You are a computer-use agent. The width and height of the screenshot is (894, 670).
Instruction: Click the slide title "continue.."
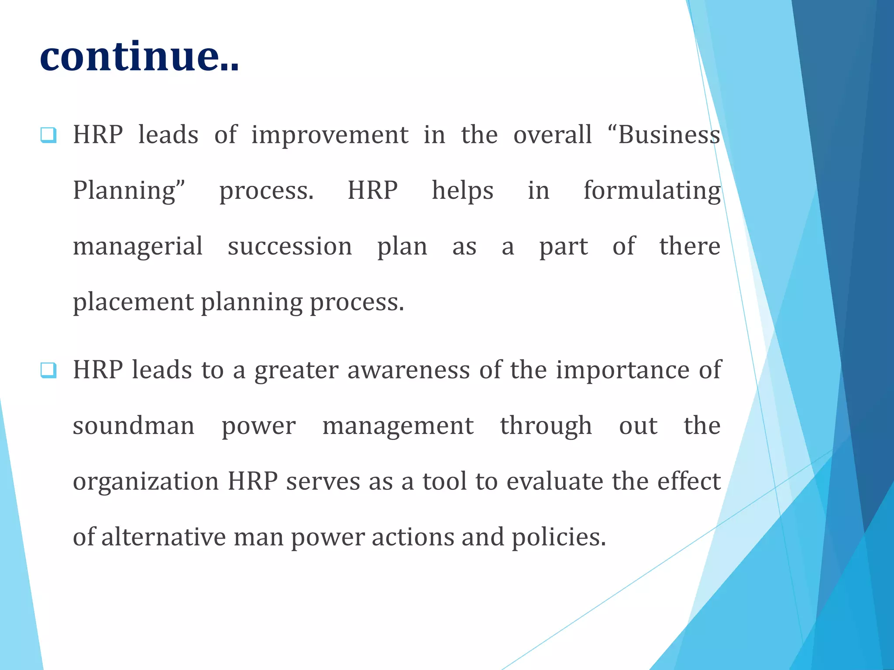coord(139,57)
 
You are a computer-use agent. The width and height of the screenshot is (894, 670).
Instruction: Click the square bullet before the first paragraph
coord(48,135)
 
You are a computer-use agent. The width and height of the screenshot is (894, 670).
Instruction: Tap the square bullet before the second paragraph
coord(48,370)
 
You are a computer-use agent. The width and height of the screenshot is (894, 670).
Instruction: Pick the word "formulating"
coord(652,191)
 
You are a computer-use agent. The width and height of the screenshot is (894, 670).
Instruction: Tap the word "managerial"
coord(138,246)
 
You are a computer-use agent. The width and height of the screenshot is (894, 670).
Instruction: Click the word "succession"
coord(290,246)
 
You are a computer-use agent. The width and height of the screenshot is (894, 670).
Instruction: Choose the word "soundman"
coord(134,426)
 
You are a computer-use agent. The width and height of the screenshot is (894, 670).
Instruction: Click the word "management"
coord(398,426)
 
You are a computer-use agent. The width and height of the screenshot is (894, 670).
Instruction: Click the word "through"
coord(546,426)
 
